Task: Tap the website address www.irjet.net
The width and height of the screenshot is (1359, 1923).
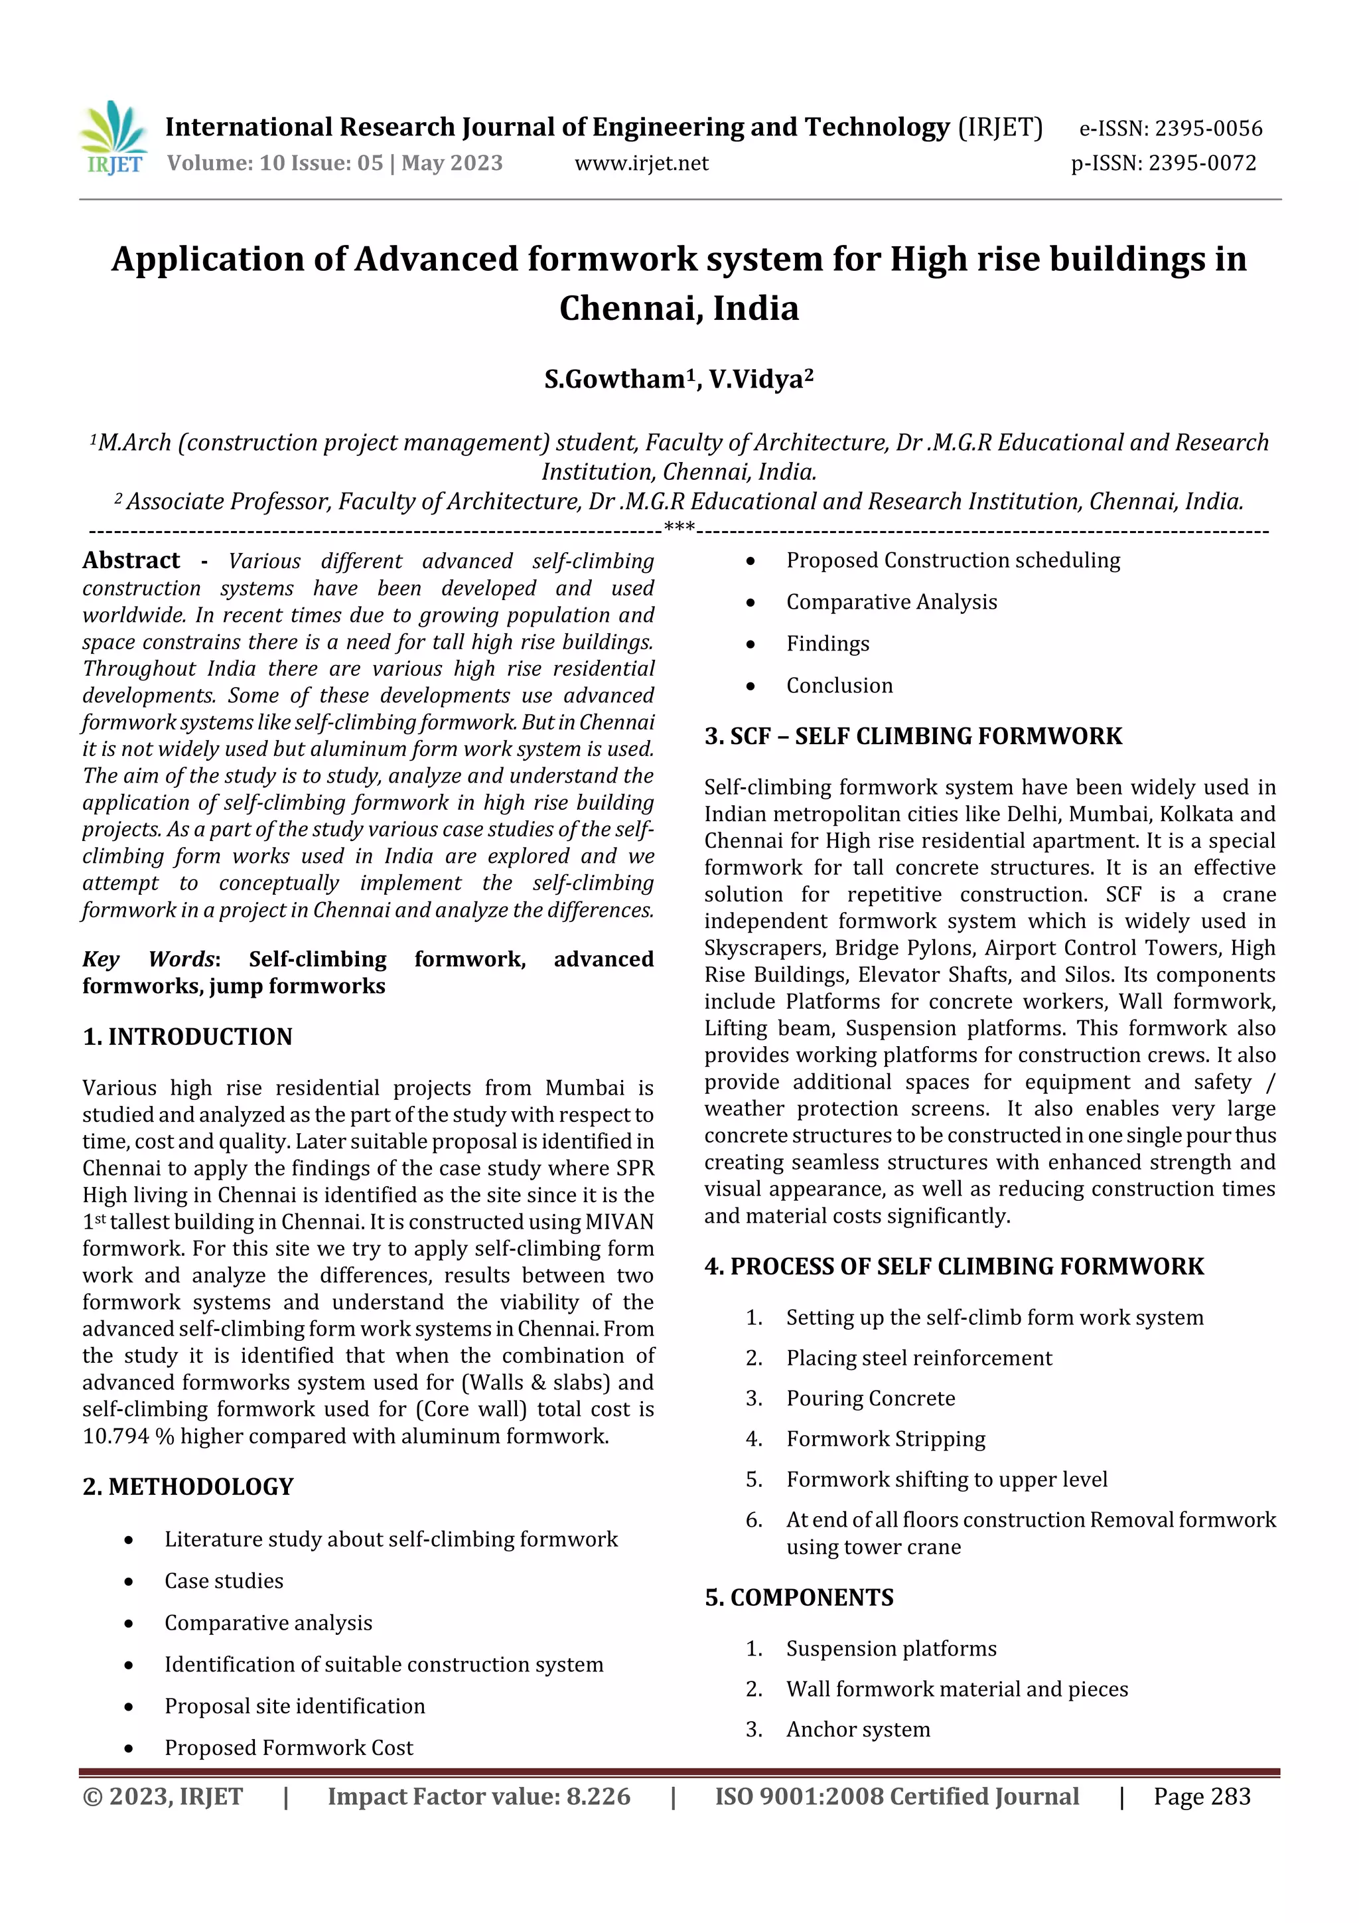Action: [x=642, y=163]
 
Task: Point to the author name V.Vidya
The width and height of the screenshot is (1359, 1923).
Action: [x=760, y=380]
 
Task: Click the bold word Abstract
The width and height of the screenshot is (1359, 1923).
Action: [x=131, y=560]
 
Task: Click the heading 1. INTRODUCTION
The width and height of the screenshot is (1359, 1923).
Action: [x=188, y=1037]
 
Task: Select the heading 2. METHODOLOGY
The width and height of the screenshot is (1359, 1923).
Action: [x=188, y=1487]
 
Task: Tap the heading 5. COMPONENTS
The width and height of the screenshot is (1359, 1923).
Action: [x=799, y=1597]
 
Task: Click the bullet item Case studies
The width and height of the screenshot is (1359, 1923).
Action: [x=224, y=1580]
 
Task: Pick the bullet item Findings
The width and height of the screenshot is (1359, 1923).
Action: [x=827, y=643]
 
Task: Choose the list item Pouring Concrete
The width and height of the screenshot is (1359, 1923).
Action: [x=870, y=1398]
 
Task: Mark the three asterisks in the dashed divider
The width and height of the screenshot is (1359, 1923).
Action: [x=679, y=528]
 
